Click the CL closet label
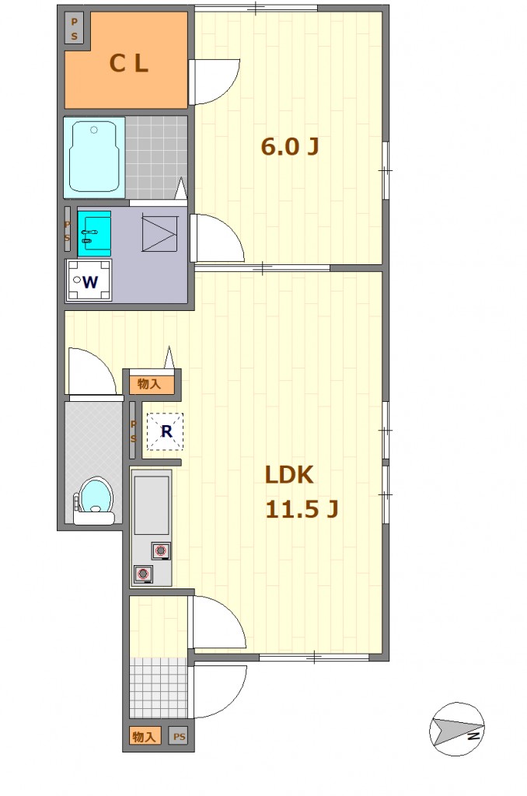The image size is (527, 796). pyautogui.click(x=129, y=64)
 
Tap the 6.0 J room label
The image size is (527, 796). pyautogui.click(x=290, y=147)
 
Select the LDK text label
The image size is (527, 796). pyautogui.click(x=289, y=475)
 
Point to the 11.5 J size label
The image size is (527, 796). pyautogui.click(x=302, y=509)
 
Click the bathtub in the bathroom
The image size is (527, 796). pyautogui.click(x=94, y=157)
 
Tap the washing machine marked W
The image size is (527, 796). pyautogui.click(x=89, y=280)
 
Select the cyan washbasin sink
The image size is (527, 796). pyautogui.click(x=94, y=233)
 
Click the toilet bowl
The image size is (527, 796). pyautogui.click(x=95, y=500)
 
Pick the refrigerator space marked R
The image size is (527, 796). pyautogui.click(x=165, y=431)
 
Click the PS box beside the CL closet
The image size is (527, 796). pyautogui.click(x=74, y=29)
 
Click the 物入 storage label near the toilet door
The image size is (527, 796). pyautogui.click(x=149, y=384)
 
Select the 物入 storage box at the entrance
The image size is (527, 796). pyautogui.click(x=145, y=736)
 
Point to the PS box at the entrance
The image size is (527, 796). pyautogui.click(x=180, y=736)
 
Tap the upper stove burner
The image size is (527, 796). pyautogui.click(x=161, y=550)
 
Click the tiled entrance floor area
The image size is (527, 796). pyautogui.click(x=159, y=687)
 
